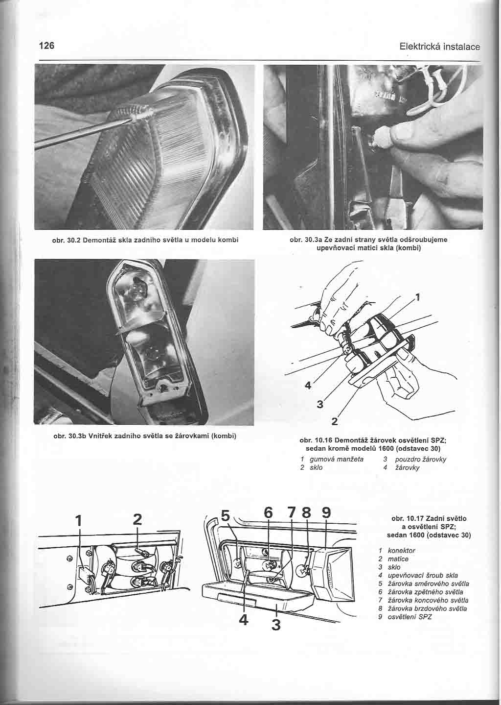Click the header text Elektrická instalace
[440, 47]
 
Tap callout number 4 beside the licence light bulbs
[308, 385]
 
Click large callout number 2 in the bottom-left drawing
[137, 518]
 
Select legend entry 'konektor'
[401, 550]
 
